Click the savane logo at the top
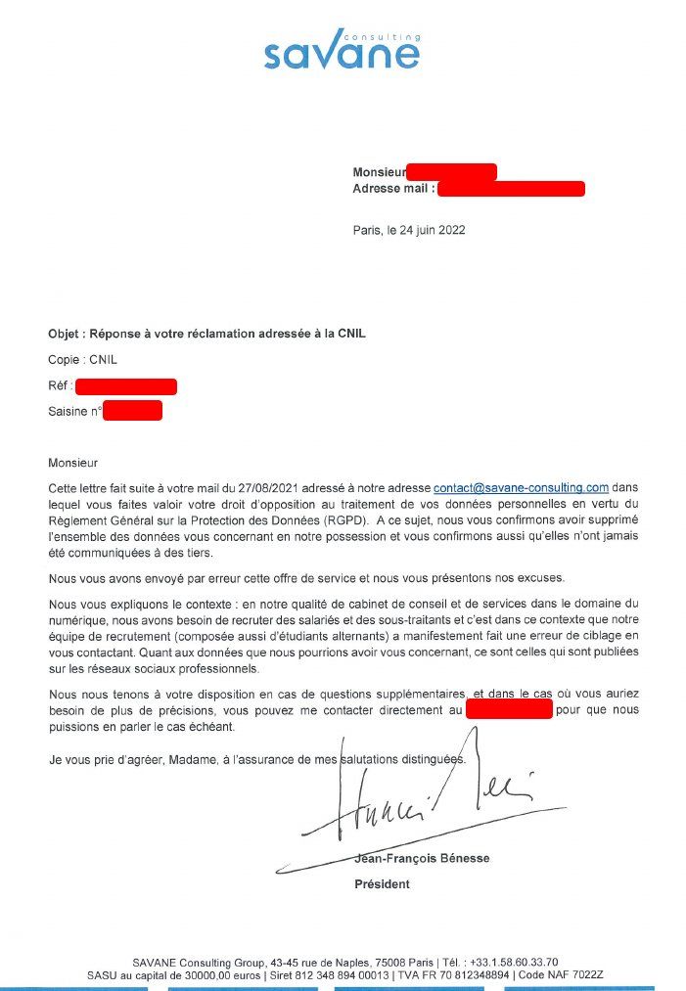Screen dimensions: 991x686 (342, 50)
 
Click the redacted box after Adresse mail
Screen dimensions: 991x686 (511, 189)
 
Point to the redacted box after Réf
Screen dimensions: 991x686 (125, 386)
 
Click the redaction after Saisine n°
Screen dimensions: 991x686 (132, 411)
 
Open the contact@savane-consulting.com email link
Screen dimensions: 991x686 (522, 487)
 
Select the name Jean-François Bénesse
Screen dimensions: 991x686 (422, 859)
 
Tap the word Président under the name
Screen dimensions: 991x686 (382, 884)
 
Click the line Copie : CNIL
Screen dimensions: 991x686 (82, 360)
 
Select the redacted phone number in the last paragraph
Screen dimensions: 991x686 (509, 709)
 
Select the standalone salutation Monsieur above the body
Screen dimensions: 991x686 (73, 463)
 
